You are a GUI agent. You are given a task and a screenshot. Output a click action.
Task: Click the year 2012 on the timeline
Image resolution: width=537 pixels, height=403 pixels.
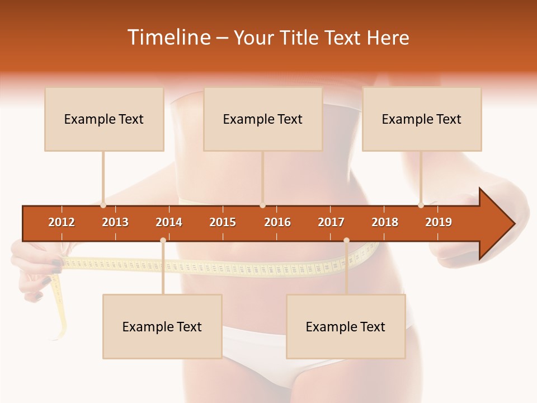[x=62, y=222]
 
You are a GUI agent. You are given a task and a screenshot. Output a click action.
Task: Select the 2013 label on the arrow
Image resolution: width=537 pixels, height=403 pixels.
[x=115, y=222]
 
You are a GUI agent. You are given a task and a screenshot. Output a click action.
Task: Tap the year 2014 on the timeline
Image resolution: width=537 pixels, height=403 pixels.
[x=169, y=222]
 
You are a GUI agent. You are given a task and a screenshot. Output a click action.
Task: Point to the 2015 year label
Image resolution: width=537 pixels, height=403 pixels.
[x=223, y=222]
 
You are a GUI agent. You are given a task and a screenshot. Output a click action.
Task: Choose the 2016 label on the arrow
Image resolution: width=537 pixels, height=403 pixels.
[x=277, y=222]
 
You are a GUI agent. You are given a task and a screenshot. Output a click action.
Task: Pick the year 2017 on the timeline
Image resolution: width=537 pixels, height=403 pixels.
[x=331, y=222]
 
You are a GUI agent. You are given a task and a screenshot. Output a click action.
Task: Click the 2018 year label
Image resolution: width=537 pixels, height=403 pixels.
[x=385, y=222]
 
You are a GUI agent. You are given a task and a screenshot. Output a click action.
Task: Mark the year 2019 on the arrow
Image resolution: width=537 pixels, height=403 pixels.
[x=439, y=222]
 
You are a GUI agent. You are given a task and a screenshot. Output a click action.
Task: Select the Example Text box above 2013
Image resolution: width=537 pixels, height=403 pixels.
[x=104, y=119]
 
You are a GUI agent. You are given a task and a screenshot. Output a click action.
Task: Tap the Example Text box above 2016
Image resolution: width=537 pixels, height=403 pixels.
[x=263, y=119]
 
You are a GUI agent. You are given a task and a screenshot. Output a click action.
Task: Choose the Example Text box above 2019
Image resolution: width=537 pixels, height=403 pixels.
[x=422, y=119]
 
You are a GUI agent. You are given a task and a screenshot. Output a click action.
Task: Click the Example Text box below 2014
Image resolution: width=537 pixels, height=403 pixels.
[x=162, y=327]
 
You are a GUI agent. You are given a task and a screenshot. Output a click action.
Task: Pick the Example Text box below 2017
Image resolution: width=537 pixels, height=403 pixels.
[x=346, y=327]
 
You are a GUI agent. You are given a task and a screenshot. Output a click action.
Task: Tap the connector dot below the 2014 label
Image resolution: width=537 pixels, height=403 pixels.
[x=163, y=241]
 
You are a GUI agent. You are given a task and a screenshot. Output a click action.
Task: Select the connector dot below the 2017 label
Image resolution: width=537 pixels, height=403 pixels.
[x=346, y=241]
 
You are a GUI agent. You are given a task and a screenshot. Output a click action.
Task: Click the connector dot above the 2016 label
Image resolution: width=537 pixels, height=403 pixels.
[x=262, y=205]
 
